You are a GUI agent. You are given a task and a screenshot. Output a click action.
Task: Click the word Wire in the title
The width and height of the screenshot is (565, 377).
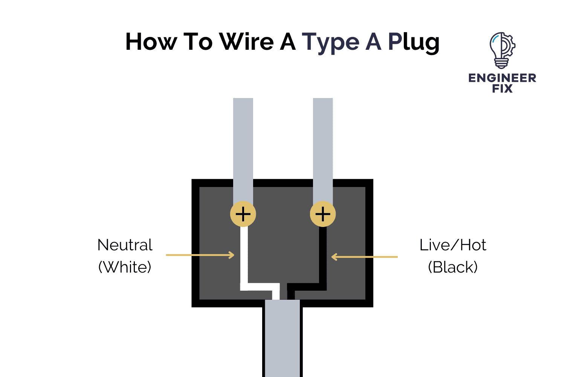[246, 41]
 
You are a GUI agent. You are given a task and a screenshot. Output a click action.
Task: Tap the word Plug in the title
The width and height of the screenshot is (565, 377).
[414, 42]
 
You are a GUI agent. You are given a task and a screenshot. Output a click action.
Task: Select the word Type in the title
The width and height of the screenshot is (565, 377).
[330, 42]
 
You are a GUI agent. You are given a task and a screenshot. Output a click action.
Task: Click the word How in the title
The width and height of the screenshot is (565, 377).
[151, 41]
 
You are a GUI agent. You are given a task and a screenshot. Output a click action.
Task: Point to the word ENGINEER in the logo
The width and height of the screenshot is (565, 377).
[502, 78]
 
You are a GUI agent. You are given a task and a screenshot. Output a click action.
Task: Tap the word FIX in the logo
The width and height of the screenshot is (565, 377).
[502, 89]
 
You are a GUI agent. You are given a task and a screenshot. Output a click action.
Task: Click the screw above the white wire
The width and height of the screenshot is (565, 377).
[243, 214]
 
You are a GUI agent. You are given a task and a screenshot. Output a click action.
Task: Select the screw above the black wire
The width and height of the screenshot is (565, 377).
[323, 214]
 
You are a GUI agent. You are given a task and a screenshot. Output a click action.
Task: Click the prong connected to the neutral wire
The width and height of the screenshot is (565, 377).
[243, 151]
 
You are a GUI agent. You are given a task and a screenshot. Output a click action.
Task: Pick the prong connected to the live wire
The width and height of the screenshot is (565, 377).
[323, 151]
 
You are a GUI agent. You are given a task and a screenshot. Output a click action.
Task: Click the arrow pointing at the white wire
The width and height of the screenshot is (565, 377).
[200, 255]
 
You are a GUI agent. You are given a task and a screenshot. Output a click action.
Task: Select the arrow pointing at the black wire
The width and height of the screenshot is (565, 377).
[364, 257]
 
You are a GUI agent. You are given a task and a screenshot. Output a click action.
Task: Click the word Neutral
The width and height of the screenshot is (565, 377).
[125, 245]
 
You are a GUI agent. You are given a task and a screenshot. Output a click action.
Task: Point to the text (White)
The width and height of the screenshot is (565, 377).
[125, 267]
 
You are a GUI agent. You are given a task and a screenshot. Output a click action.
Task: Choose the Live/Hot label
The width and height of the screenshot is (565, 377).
[453, 245]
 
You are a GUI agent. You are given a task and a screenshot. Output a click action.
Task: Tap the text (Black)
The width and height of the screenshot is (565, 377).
[453, 267]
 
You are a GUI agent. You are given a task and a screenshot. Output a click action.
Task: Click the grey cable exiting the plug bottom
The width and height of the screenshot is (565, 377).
[282, 339]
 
